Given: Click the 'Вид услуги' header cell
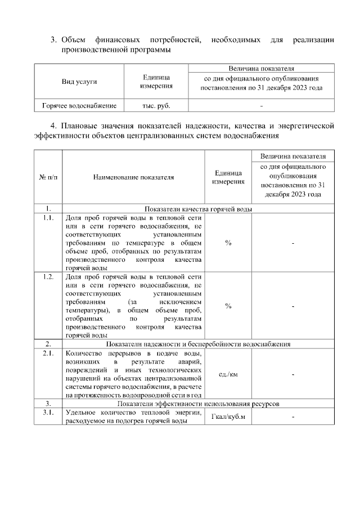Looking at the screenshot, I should (x=79, y=82).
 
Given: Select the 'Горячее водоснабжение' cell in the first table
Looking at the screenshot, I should (x=79, y=105).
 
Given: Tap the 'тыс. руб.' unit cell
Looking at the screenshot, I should (x=156, y=105).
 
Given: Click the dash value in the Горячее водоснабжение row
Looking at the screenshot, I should (x=262, y=105).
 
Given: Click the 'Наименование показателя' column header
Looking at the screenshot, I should (x=134, y=177).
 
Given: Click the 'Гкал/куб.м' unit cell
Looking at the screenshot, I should (x=228, y=417).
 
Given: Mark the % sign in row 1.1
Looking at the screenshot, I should (x=228, y=243).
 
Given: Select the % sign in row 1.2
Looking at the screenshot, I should (x=228, y=306).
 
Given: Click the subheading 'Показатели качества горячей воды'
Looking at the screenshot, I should (x=199, y=208).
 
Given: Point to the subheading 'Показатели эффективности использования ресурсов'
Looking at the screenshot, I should (x=199, y=404).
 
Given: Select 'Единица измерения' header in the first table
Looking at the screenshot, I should (x=156, y=82).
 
